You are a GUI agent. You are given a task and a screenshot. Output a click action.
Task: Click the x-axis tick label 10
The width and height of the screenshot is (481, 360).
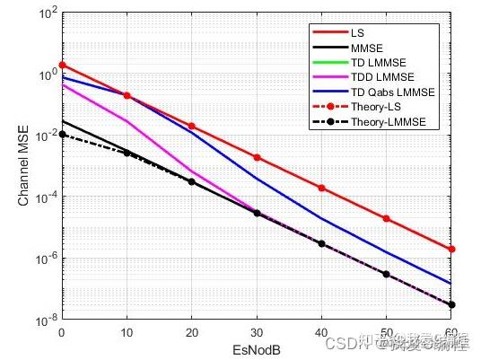127,331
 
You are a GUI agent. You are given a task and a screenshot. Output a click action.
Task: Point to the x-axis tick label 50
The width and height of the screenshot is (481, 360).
386,331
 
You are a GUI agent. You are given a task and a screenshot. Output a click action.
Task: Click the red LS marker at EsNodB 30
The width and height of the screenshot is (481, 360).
257,157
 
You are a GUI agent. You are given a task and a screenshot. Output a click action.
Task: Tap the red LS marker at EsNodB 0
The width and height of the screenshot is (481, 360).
62,66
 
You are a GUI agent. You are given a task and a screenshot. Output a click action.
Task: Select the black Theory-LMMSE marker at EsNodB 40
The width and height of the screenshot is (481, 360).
321,243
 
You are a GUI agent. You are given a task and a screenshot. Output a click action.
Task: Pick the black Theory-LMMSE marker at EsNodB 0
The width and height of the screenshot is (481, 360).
62,135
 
